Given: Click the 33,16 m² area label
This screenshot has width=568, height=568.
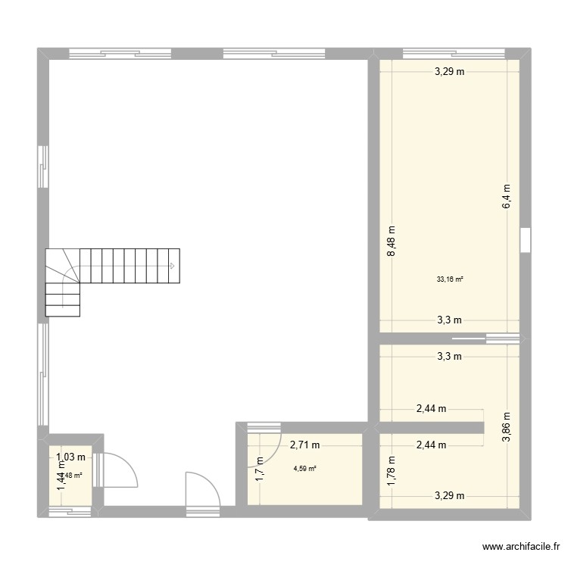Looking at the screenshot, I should coord(450,279).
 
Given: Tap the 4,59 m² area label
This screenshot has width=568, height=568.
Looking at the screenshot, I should coord(305,469).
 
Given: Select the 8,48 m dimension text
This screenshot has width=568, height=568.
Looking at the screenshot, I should coord(392,242).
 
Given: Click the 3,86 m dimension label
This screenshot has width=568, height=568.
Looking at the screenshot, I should coord(507,426).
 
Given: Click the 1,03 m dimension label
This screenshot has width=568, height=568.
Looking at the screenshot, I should coord(70,457).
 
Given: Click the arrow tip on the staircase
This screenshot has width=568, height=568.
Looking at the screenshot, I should coord(173,266).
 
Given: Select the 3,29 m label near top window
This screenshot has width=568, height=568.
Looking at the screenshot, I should coord(449,73).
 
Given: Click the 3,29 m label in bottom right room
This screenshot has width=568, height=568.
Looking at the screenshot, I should coord(449,496).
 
